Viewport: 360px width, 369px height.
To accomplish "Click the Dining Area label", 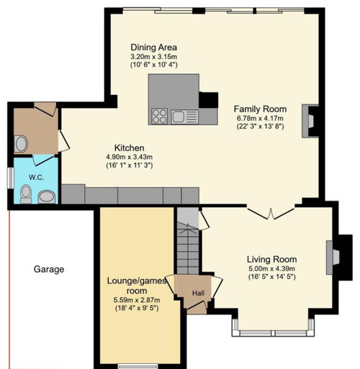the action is [x=154, y=47].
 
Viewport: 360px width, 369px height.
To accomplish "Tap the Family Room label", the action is [x=260, y=109].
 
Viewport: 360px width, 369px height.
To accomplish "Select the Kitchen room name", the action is [x=129, y=147].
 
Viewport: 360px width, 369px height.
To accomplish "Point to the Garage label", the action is [x=49, y=269].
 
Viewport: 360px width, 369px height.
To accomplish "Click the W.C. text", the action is [x=37, y=178].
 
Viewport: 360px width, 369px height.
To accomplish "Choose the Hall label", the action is [x=198, y=293].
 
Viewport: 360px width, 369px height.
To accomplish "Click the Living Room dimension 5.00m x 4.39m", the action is [x=272, y=268].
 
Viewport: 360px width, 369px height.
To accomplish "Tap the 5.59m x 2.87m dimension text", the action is [x=137, y=300].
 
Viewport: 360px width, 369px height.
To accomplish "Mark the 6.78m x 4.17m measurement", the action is [x=260, y=118].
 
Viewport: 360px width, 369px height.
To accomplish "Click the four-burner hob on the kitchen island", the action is [x=159, y=117].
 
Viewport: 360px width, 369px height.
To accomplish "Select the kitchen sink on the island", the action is [x=185, y=117].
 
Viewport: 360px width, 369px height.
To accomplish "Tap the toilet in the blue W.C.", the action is [x=26, y=194].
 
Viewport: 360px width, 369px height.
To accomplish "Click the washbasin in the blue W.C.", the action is [x=47, y=197].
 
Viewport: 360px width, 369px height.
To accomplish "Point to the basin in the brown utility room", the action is [x=21, y=144].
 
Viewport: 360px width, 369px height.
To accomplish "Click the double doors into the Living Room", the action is [x=271, y=214].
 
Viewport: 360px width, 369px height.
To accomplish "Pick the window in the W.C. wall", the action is [x=10, y=178].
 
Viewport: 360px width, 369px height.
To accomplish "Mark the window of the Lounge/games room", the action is [x=138, y=366].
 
